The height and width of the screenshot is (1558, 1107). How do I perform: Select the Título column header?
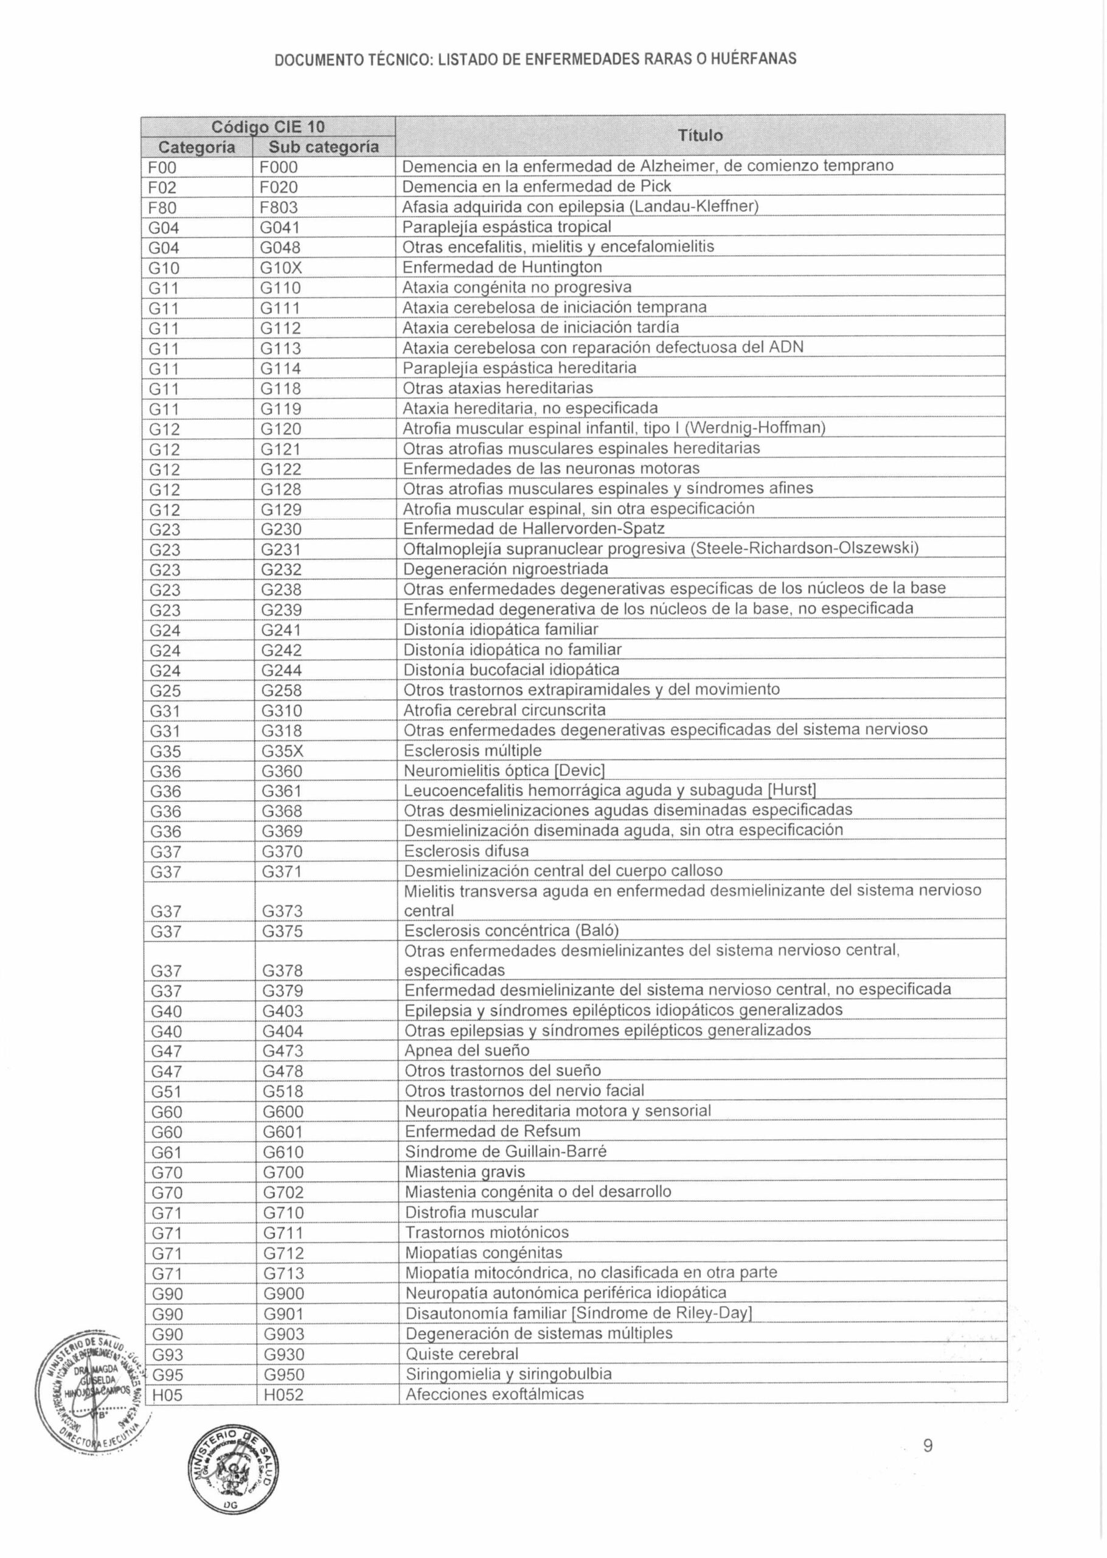click(700, 136)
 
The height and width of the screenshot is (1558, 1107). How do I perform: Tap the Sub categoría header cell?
click(323, 147)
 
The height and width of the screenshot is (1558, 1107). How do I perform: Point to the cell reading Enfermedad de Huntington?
click(502, 267)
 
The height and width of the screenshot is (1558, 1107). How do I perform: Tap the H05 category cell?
click(167, 1395)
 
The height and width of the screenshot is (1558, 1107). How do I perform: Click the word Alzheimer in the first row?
click(672, 166)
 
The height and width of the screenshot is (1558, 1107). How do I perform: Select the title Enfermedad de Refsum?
click(492, 1131)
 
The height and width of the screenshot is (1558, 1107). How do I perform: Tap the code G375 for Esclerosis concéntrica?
click(282, 931)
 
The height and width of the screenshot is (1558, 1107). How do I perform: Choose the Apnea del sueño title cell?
click(467, 1050)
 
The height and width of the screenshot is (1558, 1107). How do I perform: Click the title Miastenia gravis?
click(465, 1172)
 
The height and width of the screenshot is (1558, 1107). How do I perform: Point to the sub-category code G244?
click(282, 671)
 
